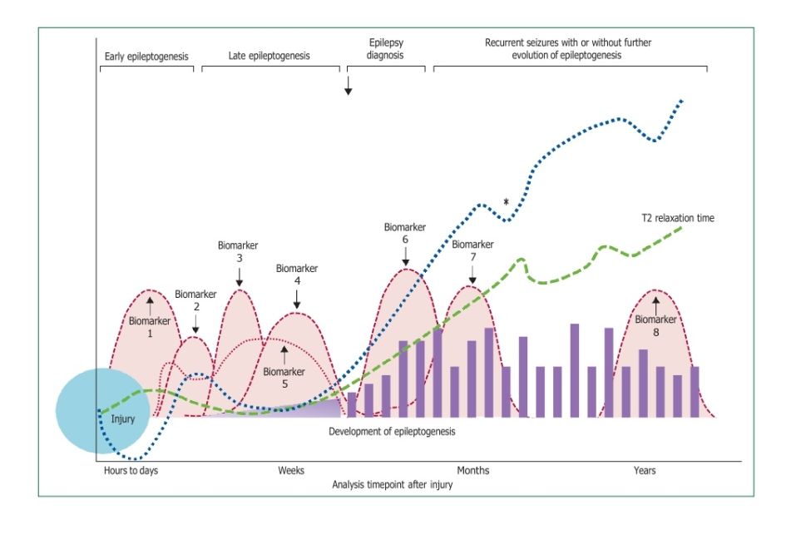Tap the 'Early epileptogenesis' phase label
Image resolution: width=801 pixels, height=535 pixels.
click(x=146, y=57)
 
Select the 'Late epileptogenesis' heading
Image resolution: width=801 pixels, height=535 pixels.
click(x=269, y=57)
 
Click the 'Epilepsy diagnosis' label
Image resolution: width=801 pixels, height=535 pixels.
click(x=385, y=48)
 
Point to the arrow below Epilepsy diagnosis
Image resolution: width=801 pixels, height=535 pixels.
click(x=349, y=87)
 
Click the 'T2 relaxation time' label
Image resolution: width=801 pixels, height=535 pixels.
click(x=678, y=219)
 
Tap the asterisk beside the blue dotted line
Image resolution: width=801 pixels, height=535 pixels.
click(x=506, y=201)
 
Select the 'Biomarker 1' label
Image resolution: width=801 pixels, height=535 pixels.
click(x=150, y=326)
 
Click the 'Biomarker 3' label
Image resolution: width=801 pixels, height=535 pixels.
click(x=239, y=252)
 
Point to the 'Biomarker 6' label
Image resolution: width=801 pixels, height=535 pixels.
click(x=405, y=233)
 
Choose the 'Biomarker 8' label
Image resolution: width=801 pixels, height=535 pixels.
click(x=656, y=325)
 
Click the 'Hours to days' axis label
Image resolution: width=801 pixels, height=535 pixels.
click(x=131, y=471)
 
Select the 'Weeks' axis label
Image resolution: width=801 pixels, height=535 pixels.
click(x=291, y=471)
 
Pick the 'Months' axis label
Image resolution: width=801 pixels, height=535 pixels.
click(x=473, y=471)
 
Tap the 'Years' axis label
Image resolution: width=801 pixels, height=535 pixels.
click(x=645, y=471)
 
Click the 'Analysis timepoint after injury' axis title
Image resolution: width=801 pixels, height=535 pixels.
click(x=392, y=484)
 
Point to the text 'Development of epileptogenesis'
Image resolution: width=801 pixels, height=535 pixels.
click(x=392, y=432)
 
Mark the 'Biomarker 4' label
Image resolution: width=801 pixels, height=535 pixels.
click(x=297, y=275)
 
